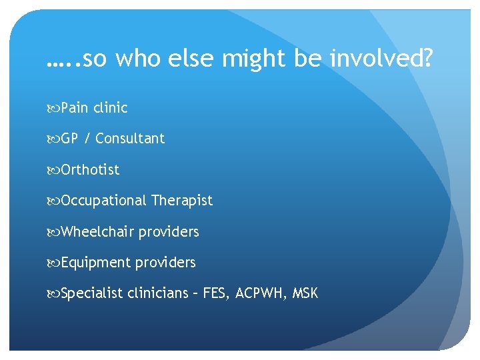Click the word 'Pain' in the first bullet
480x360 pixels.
pyautogui.click(x=75, y=107)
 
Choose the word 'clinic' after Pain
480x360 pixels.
pyautogui.click(x=111, y=107)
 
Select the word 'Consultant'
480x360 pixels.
pyautogui.click(x=130, y=139)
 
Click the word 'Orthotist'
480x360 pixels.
pyautogui.click(x=90, y=170)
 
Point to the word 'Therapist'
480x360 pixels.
pyautogui.click(x=182, y=201)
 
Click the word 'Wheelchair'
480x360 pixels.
pyautogui.click(x=97, y=232)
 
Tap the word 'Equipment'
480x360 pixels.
pyautogui.click(x=96, y=263)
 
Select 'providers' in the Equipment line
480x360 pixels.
pyautogui.click(x=165, y=263)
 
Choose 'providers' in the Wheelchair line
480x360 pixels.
pyautogui.click(x=169, y=232)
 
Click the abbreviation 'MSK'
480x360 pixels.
pyautogui.click(x=305, y=293)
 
